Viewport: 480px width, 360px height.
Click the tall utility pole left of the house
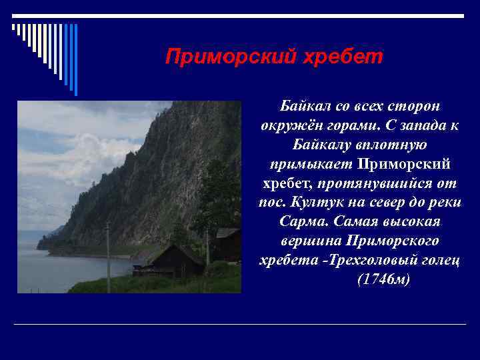(x=107, y=257)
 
